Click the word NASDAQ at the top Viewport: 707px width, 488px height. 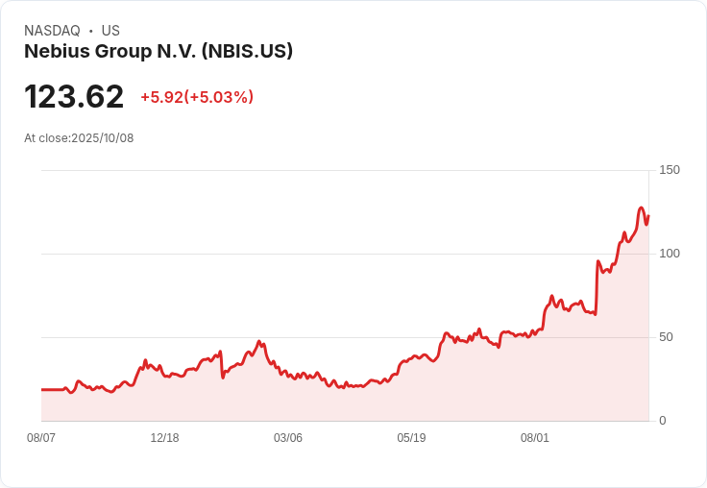click(52, 31)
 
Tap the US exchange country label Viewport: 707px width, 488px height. click(110, 31)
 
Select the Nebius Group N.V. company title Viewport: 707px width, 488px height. click(110, 52)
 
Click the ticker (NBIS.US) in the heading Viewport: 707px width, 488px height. click(247, 52)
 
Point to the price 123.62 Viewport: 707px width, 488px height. click(74, 97)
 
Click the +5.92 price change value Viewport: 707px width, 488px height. click(161, 97)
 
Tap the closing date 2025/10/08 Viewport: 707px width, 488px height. click(103, 138)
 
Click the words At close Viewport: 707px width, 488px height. click(46, 138)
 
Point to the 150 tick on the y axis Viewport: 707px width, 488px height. click(670, 170)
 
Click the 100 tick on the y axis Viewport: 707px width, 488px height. click(670, 254)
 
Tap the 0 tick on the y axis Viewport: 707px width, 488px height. click(663, 421)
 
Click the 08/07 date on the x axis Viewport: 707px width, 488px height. click(41, 438)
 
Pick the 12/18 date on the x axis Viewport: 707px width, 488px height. click(164, 438)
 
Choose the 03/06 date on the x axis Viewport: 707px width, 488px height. click(288, 438)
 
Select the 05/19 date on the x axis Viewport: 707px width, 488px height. click(411, 438)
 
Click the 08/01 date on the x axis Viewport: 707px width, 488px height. click(535, 438)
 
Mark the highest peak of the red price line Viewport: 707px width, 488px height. click(641, 207)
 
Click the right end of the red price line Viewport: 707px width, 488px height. click(648, 215)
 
